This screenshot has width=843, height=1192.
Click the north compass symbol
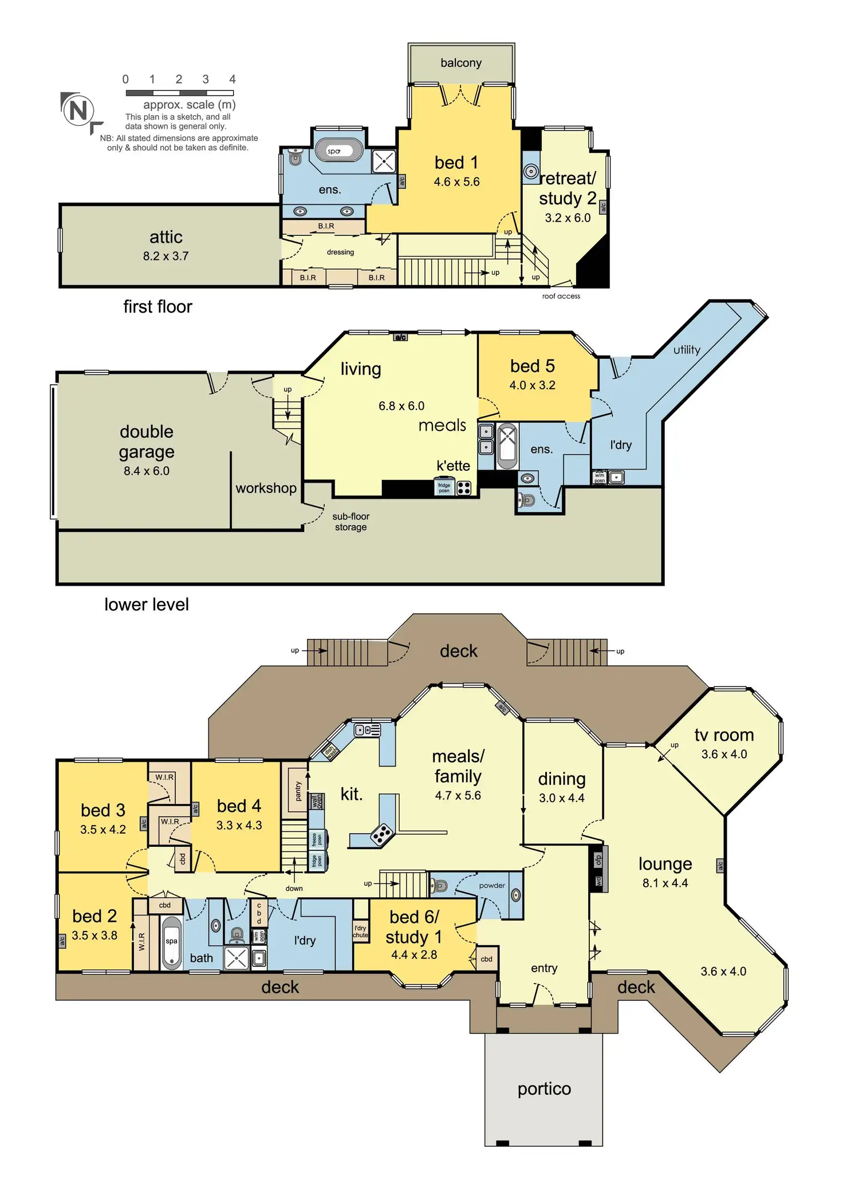[78, 110]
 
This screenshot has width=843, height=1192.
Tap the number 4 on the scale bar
[233, 80]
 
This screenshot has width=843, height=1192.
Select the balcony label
[461, 63]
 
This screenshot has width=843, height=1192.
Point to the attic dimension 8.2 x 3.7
[166, 256]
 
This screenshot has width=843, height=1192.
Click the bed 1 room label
[456, 163]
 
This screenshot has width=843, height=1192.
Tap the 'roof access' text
[561, 296]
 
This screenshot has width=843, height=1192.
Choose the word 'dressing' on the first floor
[340, 252]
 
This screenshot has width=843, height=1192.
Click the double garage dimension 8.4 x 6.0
[147, 471]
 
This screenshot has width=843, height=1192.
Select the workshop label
[266, 488]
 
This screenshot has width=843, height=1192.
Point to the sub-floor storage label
[350, 522]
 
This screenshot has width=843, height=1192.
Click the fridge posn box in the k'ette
[444, 488]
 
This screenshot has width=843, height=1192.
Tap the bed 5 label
[532, 366]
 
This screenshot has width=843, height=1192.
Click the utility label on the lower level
[687, 350]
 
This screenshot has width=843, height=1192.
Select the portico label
[544, 1089]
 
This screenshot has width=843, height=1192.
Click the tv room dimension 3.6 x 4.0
[724, 755]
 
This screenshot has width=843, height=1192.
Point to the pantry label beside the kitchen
[298, 792]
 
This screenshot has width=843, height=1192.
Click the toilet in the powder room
[439, 886]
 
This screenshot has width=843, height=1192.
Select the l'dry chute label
[360, 932]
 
